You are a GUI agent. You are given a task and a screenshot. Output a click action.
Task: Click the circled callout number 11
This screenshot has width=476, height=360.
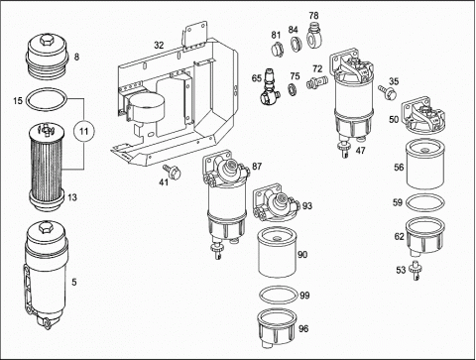pos(84,132)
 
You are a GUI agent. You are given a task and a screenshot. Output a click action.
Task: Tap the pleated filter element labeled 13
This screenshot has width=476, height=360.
pos(47,166)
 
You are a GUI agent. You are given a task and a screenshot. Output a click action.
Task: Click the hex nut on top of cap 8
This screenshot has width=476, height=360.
pos(47,40)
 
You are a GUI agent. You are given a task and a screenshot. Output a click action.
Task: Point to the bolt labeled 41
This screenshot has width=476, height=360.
pos(173,172)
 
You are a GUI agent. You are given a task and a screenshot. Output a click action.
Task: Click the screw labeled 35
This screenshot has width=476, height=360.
pos(388,91)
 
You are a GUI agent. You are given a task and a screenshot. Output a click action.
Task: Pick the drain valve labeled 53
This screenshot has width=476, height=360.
pos(415,270)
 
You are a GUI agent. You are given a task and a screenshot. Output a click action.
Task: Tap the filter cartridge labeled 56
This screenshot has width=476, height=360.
pos(425,165)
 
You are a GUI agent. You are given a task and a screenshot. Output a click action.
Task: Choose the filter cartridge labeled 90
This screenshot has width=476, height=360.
pos(278,252)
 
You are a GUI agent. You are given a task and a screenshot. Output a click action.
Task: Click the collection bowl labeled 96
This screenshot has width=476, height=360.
pos(277,328)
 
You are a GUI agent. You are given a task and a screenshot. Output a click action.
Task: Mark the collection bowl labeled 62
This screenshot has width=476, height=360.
pos(425,235)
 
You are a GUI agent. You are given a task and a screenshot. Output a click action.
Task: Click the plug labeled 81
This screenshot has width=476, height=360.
pos(277,50)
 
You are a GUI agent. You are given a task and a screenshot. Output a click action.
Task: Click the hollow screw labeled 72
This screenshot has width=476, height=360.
pos(316,81)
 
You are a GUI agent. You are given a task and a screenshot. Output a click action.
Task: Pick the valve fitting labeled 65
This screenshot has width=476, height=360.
pos(270,87)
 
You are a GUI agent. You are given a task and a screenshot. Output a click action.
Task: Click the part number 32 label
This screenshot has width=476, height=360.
pos(159,46)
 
